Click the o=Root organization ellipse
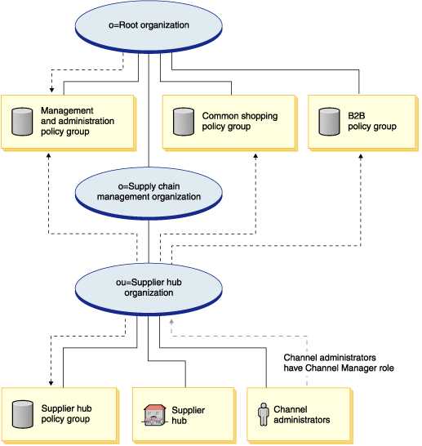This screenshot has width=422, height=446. point(149,26)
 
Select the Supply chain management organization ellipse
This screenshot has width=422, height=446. point(149,193)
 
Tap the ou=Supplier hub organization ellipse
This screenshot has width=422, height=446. point(149,289)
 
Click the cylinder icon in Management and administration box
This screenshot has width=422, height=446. point(22,122)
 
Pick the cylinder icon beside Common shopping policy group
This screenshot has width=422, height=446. point(184,122)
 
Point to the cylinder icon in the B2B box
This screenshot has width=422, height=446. point(329,122)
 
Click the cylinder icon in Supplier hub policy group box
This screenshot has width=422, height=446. point(23,414)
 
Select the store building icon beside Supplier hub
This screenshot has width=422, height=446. point(153,415)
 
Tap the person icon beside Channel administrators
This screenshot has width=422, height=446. point(264,414)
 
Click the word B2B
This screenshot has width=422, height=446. point(357,116)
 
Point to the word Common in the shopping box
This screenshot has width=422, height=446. point(220,116)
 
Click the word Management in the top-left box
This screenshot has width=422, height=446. point(67,110)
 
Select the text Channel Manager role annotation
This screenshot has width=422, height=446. point(339,363)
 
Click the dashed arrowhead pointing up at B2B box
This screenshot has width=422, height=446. point(361,157)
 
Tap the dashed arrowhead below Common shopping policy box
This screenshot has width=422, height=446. point(255,156)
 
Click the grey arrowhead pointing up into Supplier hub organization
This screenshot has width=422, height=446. point(171,322)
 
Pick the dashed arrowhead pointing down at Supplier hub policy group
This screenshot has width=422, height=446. point(51,383)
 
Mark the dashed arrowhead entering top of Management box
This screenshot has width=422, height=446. point(51,90)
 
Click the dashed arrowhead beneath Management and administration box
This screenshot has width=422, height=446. point(49,156)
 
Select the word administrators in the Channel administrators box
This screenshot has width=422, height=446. point(302,420)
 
